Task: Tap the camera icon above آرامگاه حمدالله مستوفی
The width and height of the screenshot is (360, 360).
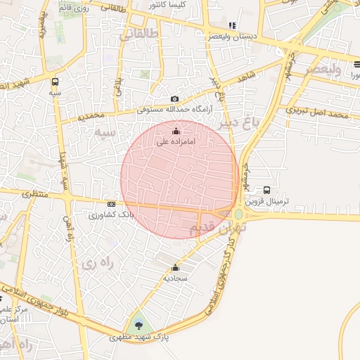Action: click(x=175, y=99)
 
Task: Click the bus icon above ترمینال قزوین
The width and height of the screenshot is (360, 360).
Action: click(x=266, y=190)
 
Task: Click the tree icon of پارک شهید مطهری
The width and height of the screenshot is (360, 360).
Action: click(x=137, y=326)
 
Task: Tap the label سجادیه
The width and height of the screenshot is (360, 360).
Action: click(x=175, y=278)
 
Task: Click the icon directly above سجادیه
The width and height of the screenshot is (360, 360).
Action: click(x=175, y=267)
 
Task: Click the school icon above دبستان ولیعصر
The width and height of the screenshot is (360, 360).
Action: click(x=232, y=25)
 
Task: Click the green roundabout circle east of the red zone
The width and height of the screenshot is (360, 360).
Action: click(x=238, y=214)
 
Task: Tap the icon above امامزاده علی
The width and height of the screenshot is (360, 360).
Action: click(x=176, y=131)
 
